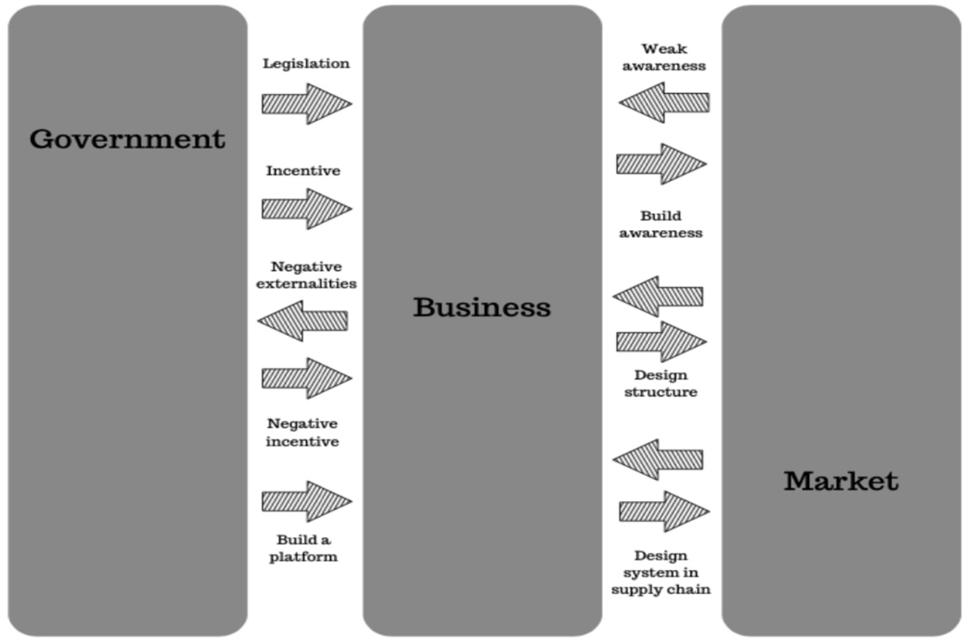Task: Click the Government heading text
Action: [x=127, y=139]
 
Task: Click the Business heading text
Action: [x=482, y=307]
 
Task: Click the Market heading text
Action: [x=841, y=481]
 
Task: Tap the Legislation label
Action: [x=306, y=64]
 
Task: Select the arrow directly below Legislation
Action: [x=306, y=104]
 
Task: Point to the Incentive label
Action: [x=303, y=171]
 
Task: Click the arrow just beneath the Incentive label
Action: [x=306, y=209]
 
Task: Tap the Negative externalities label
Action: [x=306, y=275]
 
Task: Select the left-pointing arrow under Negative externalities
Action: [x=303, y=321]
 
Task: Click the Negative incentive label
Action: [x=302, y=432]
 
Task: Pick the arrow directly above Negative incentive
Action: [x=306, y=378]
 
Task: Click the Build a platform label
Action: [x=303, y=548]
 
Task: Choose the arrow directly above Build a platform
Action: [x=306, y=501]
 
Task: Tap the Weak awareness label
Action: [x=664, y=57]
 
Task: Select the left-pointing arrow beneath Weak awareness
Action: [x=664, y=103]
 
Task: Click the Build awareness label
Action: [x=660, y=224]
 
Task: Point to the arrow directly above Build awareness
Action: [x=661, y=164]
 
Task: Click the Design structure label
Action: [x=660, y=383]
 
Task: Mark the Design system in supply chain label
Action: [x=660, y=572]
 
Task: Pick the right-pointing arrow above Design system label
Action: [x=664, y=511]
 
